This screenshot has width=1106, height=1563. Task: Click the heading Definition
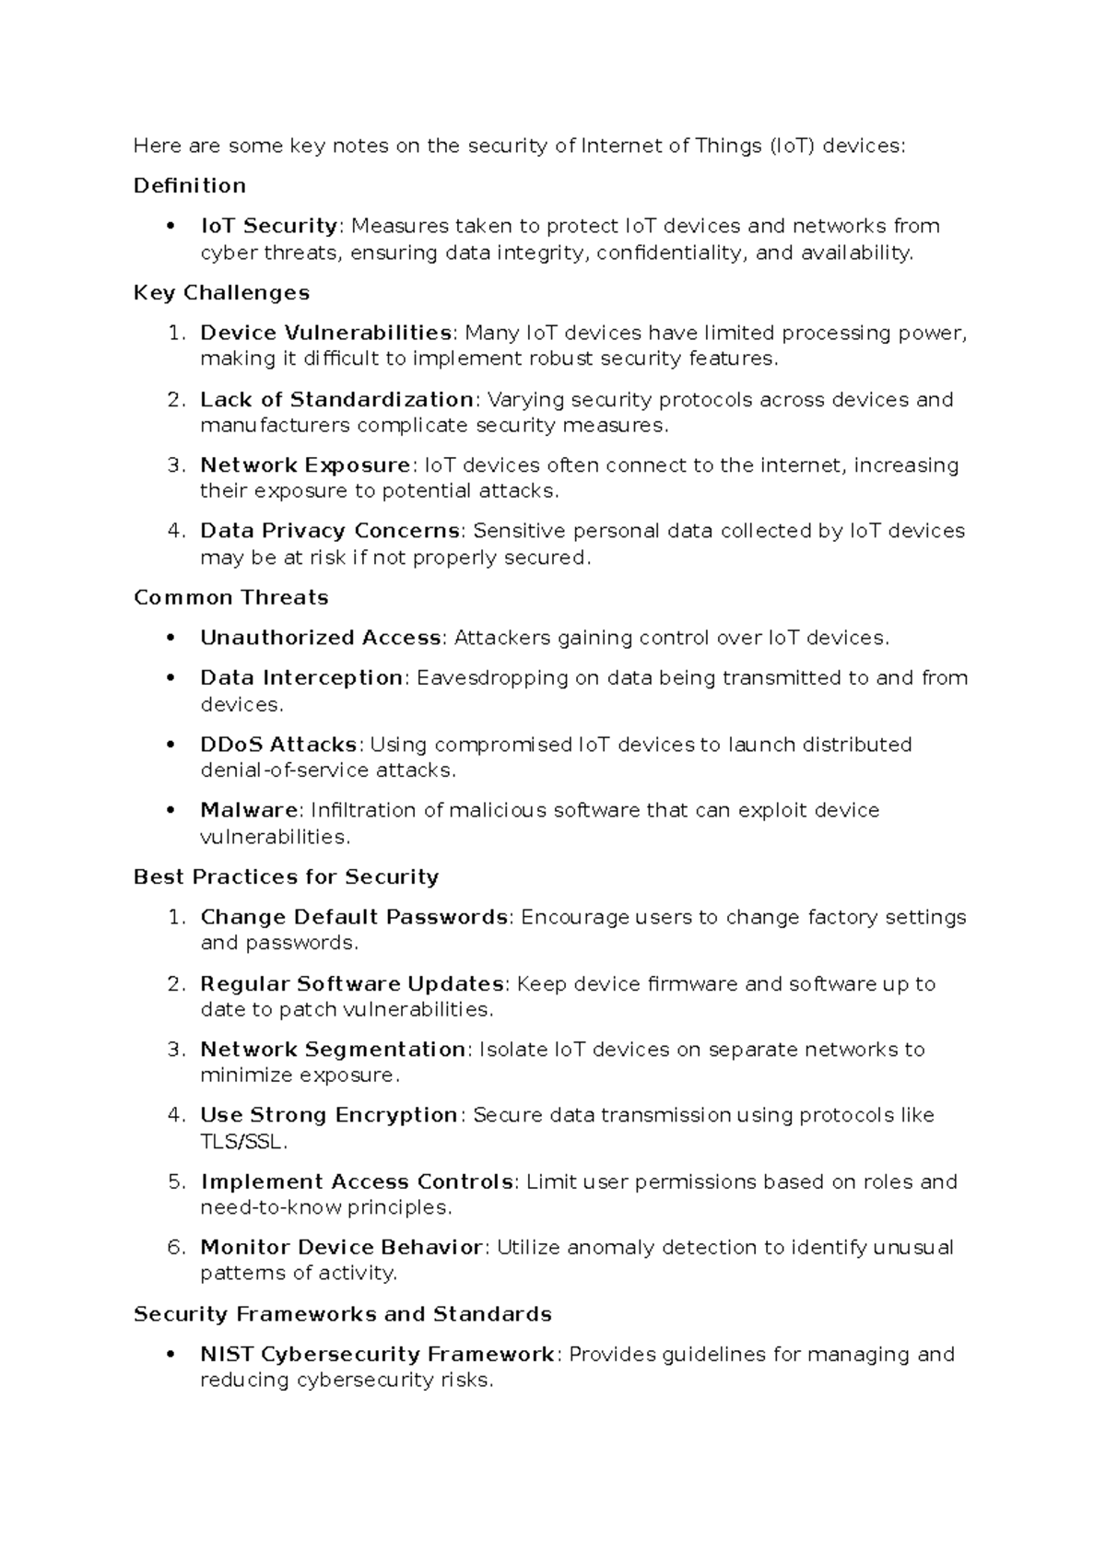point(189,186)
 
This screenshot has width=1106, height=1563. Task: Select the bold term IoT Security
point(268,226)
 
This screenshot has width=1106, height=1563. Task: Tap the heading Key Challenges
point(221,293)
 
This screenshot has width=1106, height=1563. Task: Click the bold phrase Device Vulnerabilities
point(325,333)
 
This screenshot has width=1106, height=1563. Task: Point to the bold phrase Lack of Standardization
point(336,400)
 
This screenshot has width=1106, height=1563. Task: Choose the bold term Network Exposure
point(305,465)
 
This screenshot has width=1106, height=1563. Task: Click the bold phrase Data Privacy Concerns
point(330,531)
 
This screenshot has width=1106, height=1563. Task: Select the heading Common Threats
point(230,598)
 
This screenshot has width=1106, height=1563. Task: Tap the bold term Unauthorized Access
point(320,638)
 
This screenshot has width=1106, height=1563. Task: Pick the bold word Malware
point(249,811)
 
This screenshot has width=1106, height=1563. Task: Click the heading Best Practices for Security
point(286,877)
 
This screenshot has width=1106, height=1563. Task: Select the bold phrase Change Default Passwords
point(354,918)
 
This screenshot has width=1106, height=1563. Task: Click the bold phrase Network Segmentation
point(333,1050)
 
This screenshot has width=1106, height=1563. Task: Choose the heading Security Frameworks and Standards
point(342,1314)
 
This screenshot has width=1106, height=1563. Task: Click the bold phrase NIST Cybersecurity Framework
point(376,1355)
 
